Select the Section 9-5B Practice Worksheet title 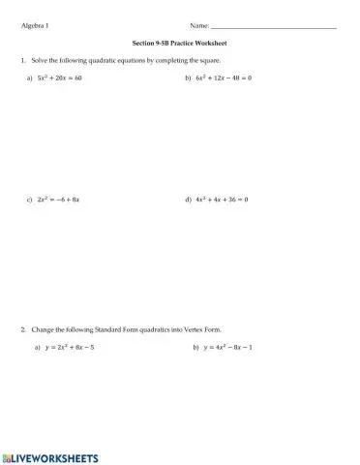point(179,44)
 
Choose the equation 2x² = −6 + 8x point(58,199)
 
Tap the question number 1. point(21,60)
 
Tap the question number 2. point(21,328)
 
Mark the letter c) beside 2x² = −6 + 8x point(31,199)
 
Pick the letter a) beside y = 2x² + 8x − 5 point(37,346)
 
